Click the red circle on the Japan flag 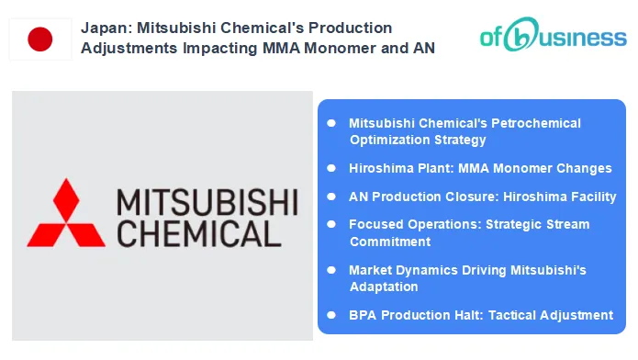click(x=40, y=39)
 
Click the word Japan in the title click(x=103, y=28)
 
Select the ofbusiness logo click(x=553, y=39)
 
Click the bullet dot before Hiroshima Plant click(x=331, y=168)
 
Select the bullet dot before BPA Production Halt click(x=331, y=314)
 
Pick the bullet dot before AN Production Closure click(x=331, y=197)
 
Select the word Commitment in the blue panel click(x=390, y=242)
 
